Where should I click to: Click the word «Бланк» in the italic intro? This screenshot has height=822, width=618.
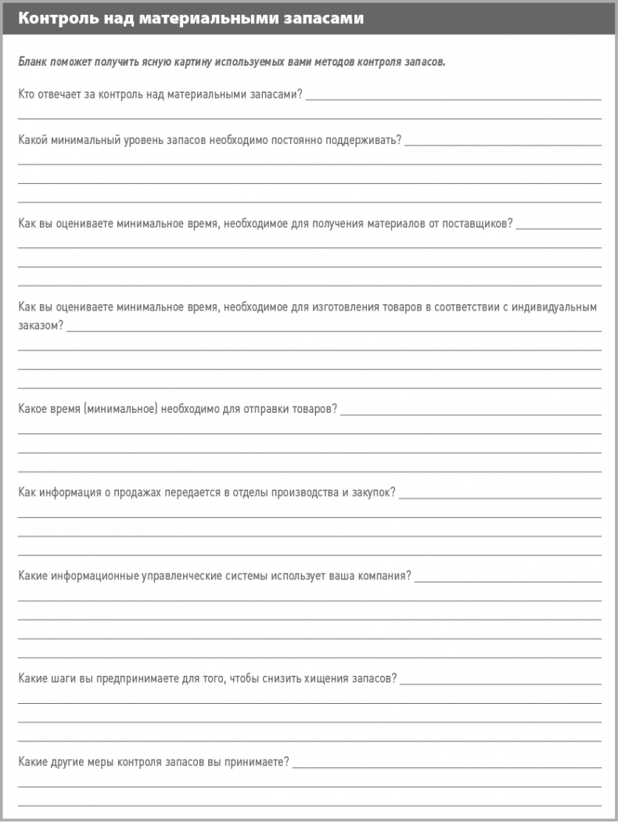click(33, 62)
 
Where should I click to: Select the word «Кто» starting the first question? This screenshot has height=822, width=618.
click(27, 95)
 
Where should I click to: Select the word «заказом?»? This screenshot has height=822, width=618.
click(41, 326)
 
